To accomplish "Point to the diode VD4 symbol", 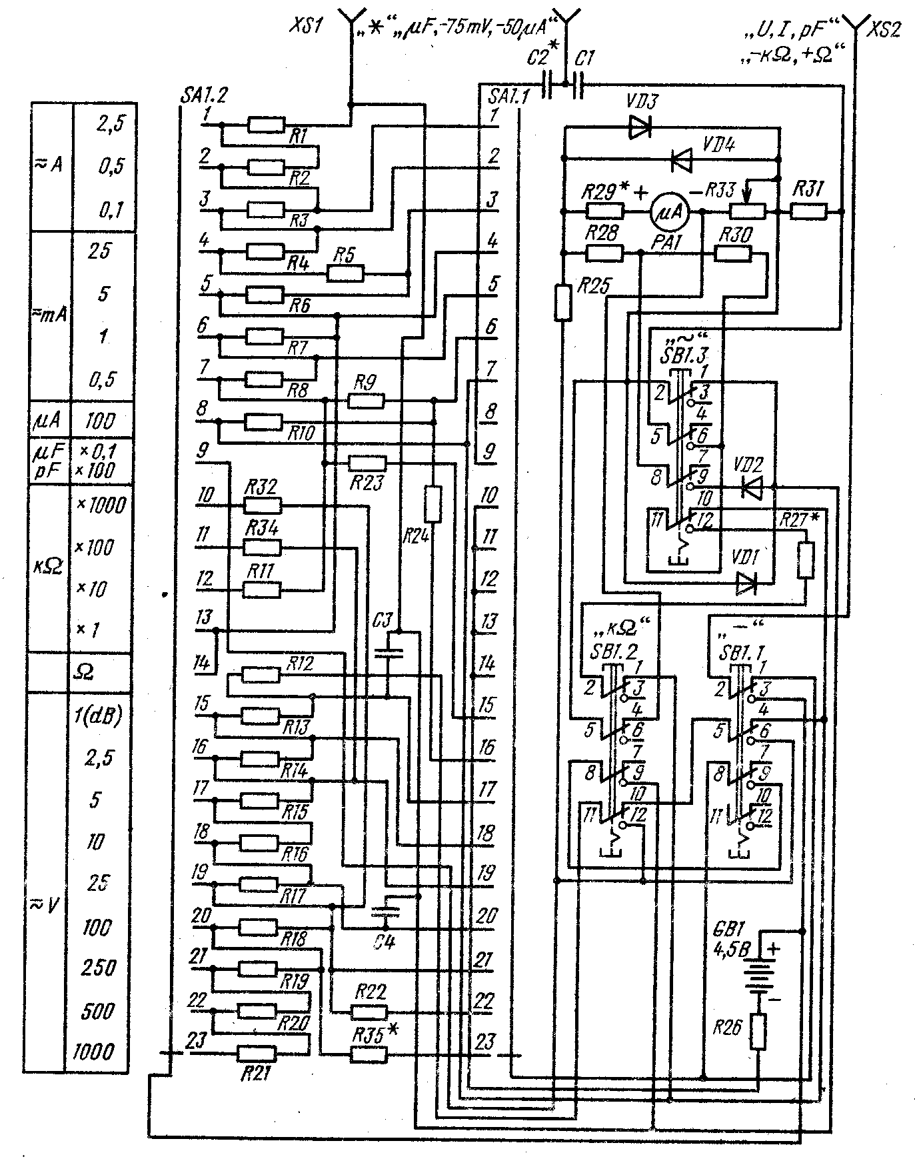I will pyautogui.click(x=680, y=159).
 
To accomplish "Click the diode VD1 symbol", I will pyautogui.click(x=747, y=584).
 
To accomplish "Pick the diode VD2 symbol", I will pyautogui.click(x=751, y=487).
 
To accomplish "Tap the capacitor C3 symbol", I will pyautogui.click(x=388, y=652).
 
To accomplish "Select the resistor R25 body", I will pyautogui.click(x=563, y=302).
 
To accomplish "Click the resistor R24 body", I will pyautogui.click(x=433, y=504).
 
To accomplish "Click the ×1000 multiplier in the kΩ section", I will pyautogui.click(x=100, y=505).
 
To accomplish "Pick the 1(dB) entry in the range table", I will pyautogui.click(x=99, y=715).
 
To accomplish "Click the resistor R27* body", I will pyautogui.click(x=806, y=560).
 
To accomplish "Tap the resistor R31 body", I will pyautogui.click(x=808, y=212).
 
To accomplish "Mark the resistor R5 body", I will pyautogui.click(x=345, y=273).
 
